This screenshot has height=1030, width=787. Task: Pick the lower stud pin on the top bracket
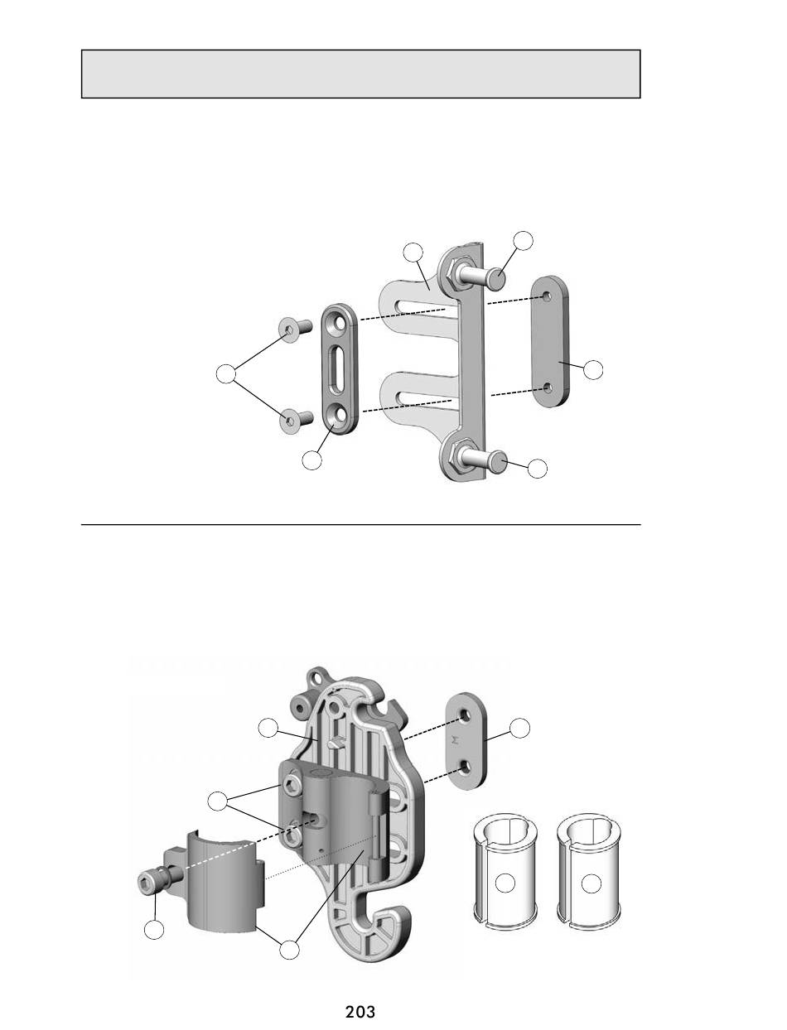[x=483, y=458]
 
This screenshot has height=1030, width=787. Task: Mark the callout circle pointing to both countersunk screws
[x=226, y=374]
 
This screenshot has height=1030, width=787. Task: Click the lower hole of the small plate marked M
[x=465, y=766]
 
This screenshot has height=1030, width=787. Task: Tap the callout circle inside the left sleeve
[x=505, y=883]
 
